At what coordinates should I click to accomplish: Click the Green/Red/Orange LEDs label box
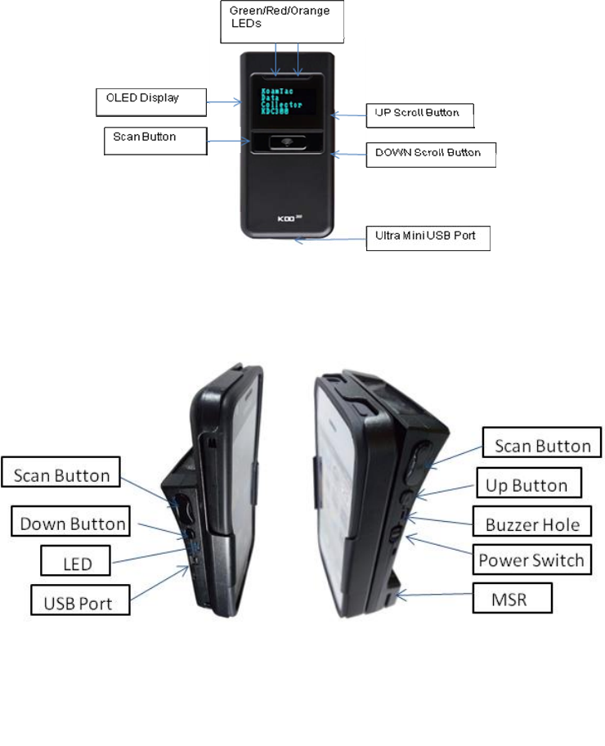tap(282, 20)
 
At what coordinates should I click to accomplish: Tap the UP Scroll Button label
tap(419, 115)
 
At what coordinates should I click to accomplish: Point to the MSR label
tap(513, 599)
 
